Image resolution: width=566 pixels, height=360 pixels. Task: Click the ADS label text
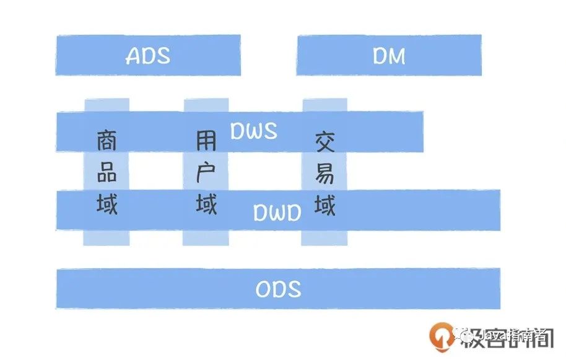pos(148,56)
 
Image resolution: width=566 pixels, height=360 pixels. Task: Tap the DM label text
pos(389,56)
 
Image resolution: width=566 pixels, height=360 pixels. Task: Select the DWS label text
pos(254,131)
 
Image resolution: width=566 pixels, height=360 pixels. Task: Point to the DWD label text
pos(277,213)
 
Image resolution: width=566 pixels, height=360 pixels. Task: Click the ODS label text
pos(278,289)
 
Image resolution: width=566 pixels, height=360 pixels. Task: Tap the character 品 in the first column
pos(107,173)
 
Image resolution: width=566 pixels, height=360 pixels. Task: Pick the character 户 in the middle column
pos(206,173)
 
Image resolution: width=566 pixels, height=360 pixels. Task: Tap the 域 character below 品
pos(107,204)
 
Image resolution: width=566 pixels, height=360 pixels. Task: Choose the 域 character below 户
pos(206,204)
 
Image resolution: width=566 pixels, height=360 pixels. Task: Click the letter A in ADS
pos(133,56)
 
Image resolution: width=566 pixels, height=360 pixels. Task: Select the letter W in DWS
pos(254,131)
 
